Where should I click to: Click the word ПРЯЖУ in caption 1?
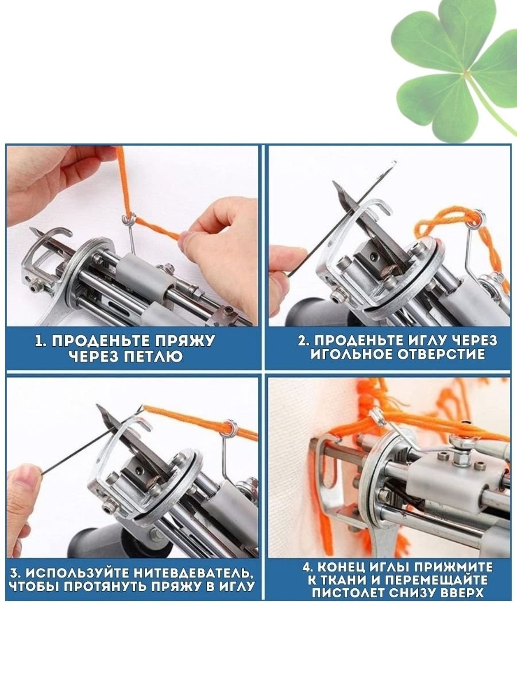tap(180, 341)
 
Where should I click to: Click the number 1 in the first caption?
tap(39, 341)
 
